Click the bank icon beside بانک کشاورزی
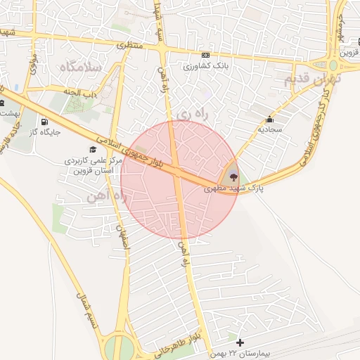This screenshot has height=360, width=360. pos(205,55)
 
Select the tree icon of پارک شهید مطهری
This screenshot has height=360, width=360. pos(233,176)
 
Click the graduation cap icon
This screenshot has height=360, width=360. pos(92,149)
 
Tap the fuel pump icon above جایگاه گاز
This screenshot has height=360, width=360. pos(45,120)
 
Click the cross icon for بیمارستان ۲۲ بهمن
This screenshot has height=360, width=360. pos(240,342)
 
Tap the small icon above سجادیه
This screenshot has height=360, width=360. pos(270,118)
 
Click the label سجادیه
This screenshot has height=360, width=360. pos(269,129)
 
